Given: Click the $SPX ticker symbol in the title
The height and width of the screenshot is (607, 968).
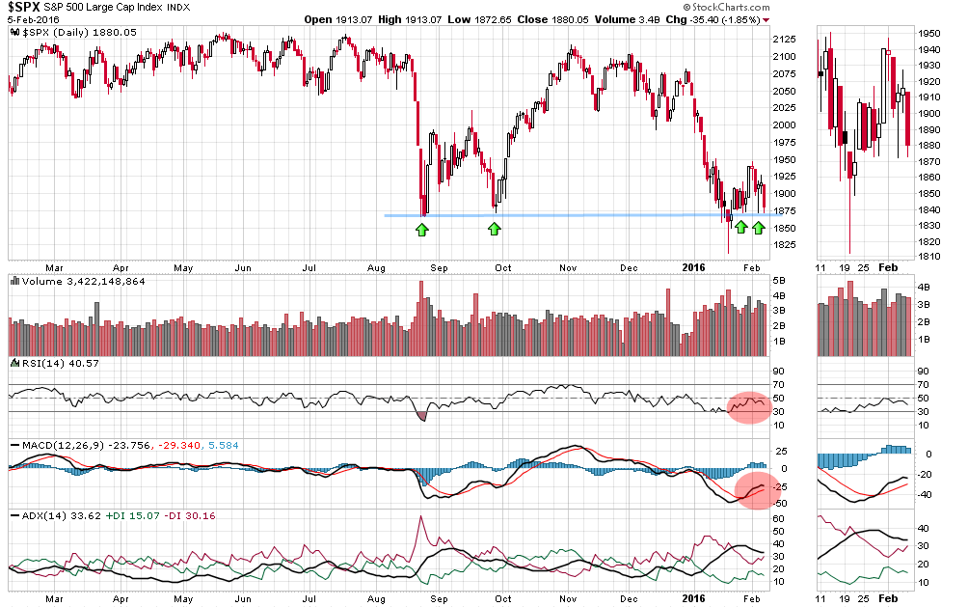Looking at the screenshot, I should pyautogui.click(x=25, y=9).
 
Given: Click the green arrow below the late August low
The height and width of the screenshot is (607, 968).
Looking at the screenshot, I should pyautogui.click(x=421, y=229).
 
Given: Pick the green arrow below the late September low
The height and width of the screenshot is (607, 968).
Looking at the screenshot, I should pyautogui.click(x=494, y=229).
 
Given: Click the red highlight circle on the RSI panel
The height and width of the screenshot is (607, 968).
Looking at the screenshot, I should pyautogui.click(x=749, y=406).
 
